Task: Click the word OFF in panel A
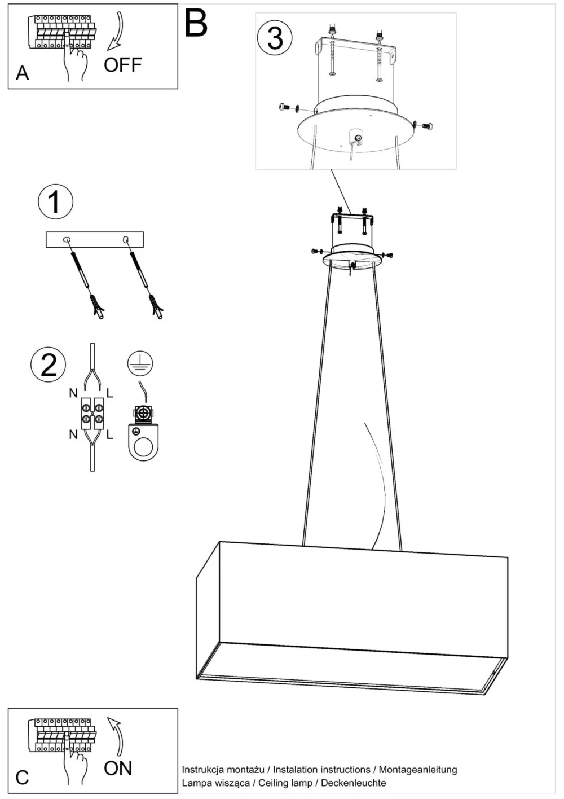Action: [x=123, y=65]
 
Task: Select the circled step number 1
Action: [x=56, y=201]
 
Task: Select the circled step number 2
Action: [x=49, y=365]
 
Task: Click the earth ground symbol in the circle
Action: [x=140, y=363]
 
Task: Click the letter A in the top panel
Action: [x=22, y=73]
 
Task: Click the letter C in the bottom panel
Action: [x=22, y=777]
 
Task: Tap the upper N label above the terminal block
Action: [x=73, y=393]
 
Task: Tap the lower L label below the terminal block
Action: [x=109, y=434]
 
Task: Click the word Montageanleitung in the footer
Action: [x=418, y=770]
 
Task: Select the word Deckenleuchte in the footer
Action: [x=353, y=783]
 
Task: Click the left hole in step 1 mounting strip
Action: [x=67, y=240]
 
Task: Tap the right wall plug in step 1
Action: [x=156, y=306]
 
